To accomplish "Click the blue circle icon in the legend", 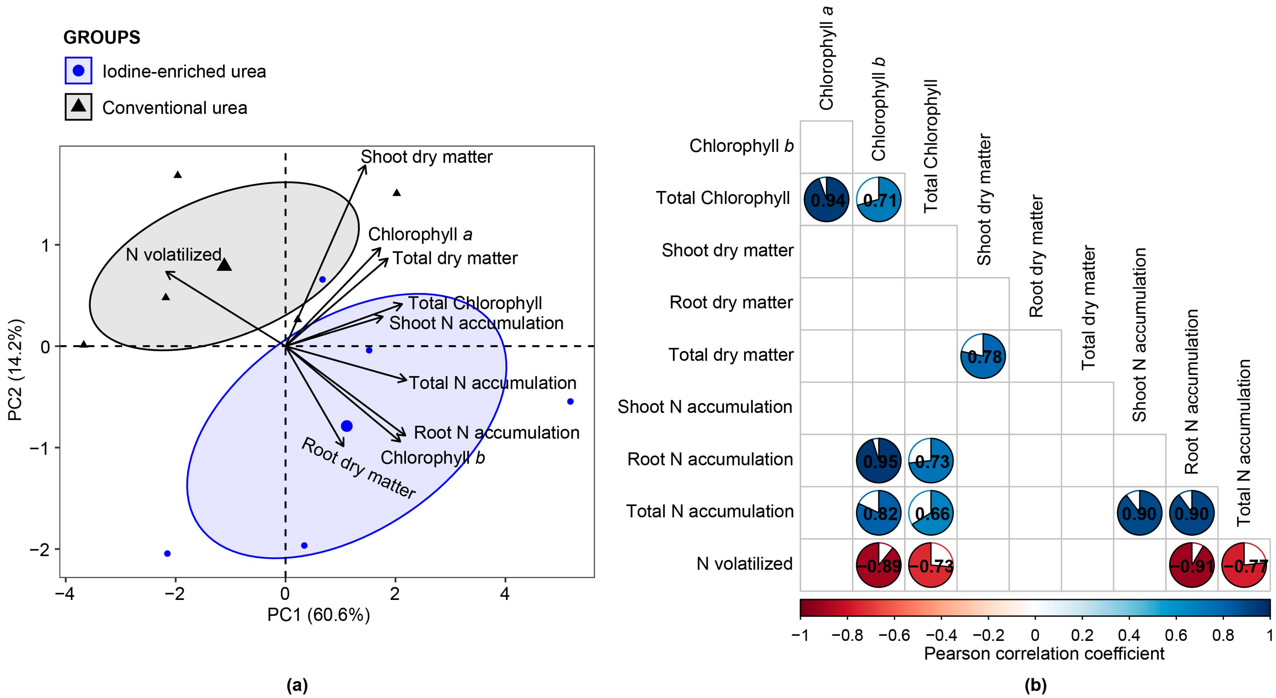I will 78,70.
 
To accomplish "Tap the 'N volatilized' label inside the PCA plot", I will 173,254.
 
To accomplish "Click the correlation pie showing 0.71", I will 879,199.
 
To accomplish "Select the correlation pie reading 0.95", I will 879,461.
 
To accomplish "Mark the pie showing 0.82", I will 879,513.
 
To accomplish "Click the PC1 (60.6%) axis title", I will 318,615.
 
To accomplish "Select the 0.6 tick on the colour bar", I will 1175,635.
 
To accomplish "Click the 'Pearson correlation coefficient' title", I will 1044,654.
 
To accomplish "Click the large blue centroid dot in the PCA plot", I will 347,426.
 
